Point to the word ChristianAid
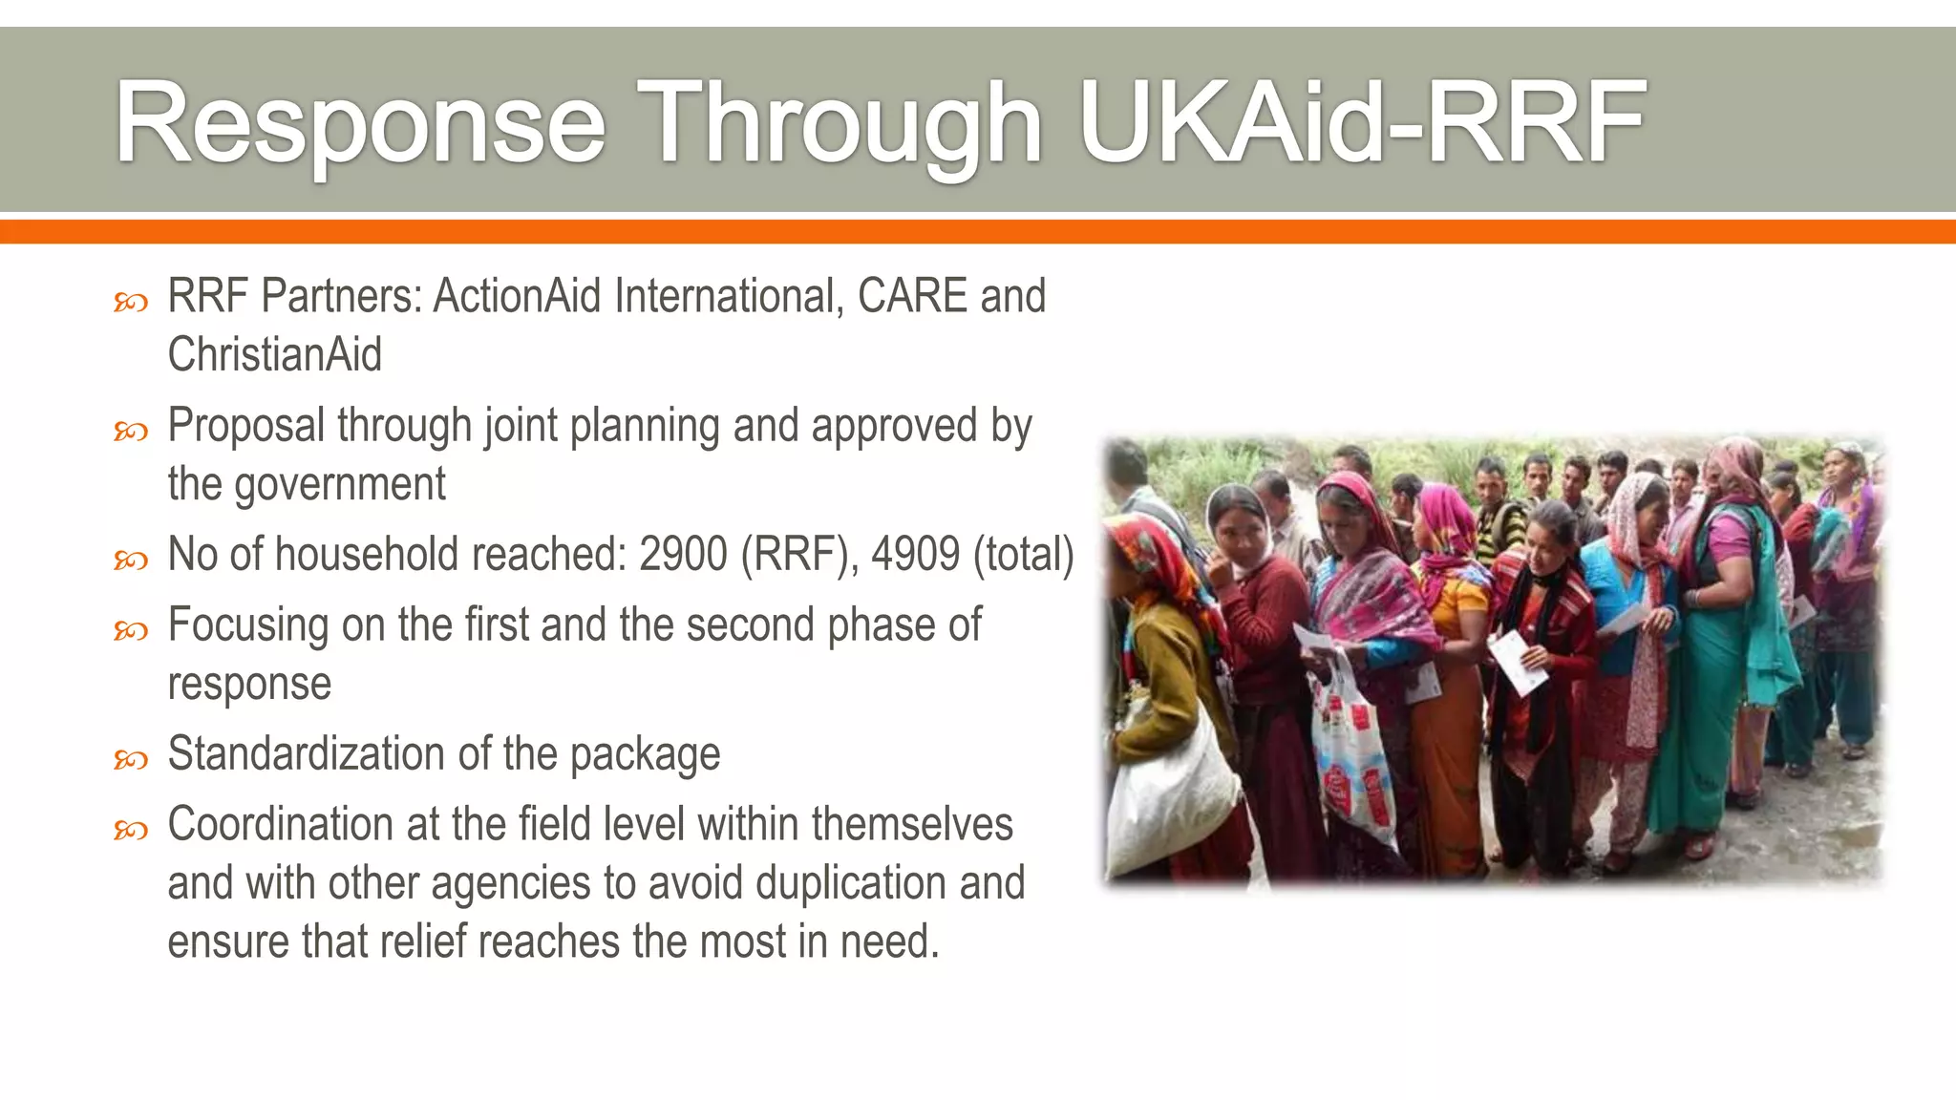(x=275, y=354)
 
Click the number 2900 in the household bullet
(x=683, y=554)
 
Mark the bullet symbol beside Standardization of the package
(x=131, y=760)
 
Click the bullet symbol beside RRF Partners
(x=131, y=303)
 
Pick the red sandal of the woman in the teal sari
(x=1699, y=846)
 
